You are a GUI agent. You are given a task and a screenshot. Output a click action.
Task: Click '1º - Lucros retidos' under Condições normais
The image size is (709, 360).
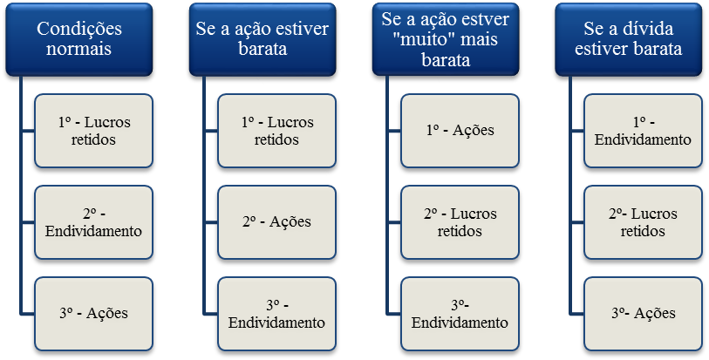click(x=93, y=131)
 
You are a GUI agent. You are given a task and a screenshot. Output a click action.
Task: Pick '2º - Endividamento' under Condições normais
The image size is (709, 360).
click(x=93, y=222)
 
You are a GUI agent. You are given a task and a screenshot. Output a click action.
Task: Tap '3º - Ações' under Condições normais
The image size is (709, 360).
click(x=93, y=313)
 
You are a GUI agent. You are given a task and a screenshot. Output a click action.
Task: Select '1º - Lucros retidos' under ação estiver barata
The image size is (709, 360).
click(x=276, y=131)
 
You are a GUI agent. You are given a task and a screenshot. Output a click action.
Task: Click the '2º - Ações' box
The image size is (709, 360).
click(x=276, y=222)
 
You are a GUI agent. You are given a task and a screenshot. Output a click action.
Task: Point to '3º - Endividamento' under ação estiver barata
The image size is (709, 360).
click(x=276, y=313)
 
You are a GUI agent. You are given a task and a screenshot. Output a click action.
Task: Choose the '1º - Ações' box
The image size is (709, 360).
click(x=460, y=131)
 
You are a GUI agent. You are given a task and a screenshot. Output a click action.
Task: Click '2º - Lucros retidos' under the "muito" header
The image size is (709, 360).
click(x=460, y=222)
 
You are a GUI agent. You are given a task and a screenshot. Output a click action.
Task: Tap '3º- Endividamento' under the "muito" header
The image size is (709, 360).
click(x=460, y=313)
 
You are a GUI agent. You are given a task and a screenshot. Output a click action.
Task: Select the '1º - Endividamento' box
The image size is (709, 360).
click(x=643, y=131)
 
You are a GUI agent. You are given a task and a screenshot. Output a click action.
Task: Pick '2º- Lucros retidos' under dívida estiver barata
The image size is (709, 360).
click(x=643, y=222)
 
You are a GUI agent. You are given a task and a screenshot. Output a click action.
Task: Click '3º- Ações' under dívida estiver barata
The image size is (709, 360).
click(x=643, y=313)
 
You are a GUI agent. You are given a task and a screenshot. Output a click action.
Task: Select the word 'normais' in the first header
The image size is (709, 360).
click(x=79, y=49)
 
